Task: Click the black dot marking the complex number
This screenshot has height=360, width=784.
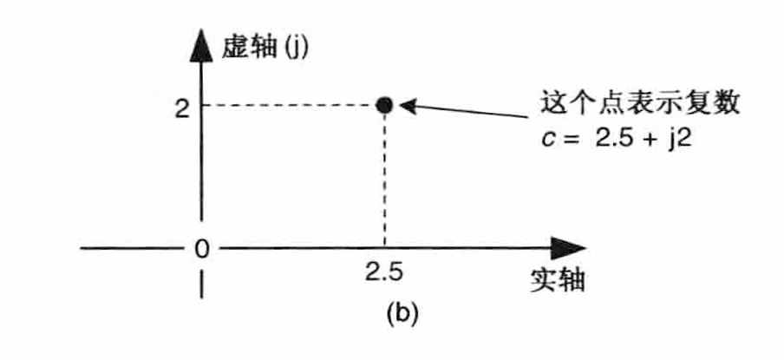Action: click(x=384, y=105)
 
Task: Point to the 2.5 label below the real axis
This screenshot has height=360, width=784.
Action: click(x=383, y=273)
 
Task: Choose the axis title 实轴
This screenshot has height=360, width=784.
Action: click(x=555, y=280)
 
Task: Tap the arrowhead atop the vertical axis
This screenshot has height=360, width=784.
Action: click(x=201, y=45)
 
